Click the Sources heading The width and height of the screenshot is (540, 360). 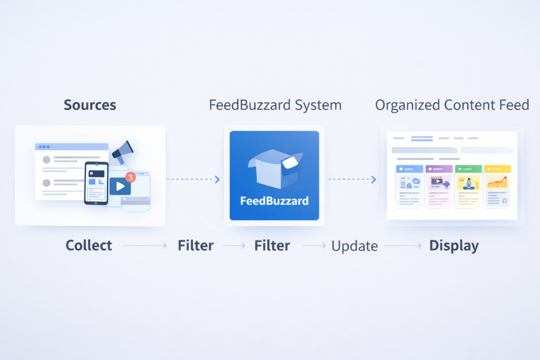click(90, 105)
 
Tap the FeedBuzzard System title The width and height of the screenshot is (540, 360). click(275, 105)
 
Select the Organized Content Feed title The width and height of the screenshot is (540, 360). click(452, 105)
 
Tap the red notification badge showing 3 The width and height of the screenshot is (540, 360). click(131, 177)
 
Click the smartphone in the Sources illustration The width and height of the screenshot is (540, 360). click(96, 183)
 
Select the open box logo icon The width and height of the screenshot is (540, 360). click(275, 168)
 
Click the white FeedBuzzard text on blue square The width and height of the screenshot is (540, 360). click(274, 201)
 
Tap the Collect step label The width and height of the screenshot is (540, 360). click(89, 246)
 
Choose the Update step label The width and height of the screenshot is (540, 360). click(354, 246)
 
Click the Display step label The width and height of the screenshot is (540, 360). click(454, 246)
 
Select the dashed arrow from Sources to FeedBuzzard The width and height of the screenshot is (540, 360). click(193, 180)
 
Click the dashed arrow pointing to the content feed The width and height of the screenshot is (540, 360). click(352, 180)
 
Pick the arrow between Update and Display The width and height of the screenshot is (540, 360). click(403, 246)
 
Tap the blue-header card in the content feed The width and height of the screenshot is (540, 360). click(409, 186)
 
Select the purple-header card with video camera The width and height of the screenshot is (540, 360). click(438, 186)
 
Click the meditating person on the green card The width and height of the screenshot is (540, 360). click(468, 183)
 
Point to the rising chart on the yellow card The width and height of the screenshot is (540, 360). click(497, 182)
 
